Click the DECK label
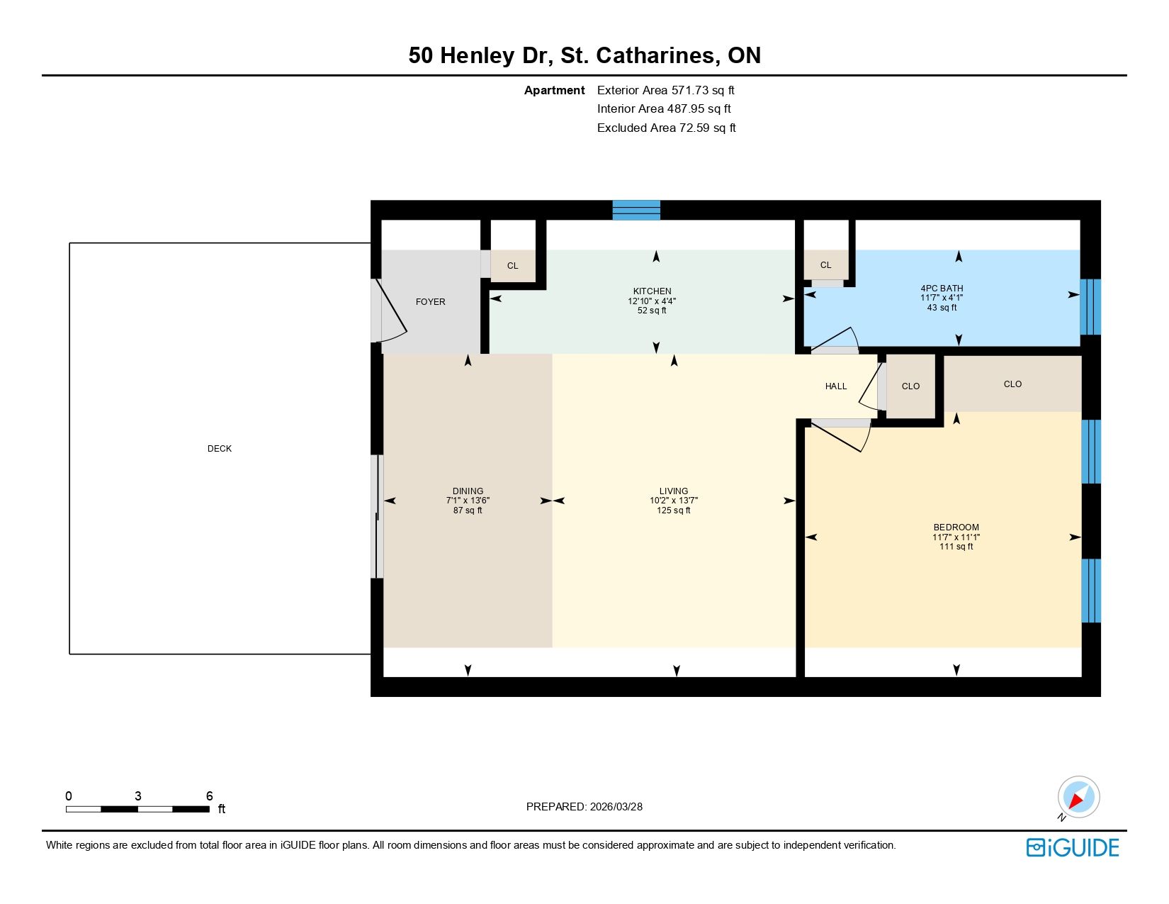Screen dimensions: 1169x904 220,449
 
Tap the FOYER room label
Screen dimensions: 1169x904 430,302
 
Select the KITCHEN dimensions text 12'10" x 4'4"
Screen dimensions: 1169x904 652,301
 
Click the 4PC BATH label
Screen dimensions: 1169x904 942,288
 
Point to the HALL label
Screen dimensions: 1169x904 836,386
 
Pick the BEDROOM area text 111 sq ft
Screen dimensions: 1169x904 956,547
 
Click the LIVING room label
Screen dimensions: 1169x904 674,491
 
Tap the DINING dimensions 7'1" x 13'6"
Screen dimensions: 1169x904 468,501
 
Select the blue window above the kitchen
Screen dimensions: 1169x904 636,210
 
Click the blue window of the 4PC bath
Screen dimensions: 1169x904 1090,307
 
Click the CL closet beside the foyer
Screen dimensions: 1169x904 514,265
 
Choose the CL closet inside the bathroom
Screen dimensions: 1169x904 826,265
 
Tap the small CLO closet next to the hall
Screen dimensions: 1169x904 911,386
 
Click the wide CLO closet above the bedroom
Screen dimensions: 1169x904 1012,384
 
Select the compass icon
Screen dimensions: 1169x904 1078,798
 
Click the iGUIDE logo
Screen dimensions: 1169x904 1073,847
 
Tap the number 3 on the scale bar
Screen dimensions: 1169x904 138,796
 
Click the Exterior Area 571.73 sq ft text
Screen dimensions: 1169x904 665,91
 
